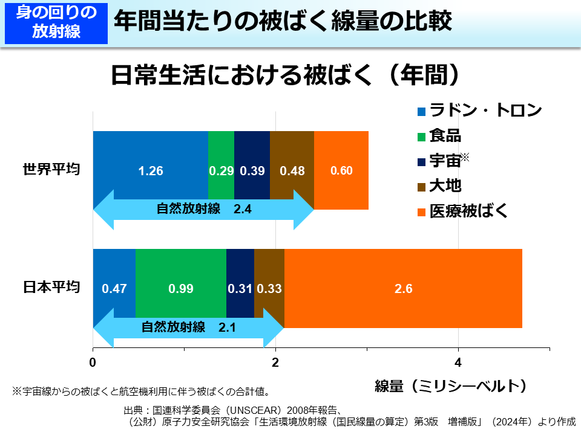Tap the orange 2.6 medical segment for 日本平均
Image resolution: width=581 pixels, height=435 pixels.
[403, 288]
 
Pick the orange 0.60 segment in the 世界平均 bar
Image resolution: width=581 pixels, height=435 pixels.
[341, 170]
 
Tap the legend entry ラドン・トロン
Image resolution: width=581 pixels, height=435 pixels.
[478, 111]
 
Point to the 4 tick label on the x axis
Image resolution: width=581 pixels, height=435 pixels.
[458, 362]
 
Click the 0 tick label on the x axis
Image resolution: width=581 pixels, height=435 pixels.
[93, 362]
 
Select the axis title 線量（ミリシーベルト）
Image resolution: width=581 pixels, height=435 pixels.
[450, 385]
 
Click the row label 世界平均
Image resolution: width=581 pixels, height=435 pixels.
[51, 169]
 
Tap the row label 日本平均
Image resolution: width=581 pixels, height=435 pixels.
[51, 287]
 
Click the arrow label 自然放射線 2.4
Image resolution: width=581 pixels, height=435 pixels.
[203, 209]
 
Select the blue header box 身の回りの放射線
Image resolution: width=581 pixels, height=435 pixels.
[56, 22]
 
